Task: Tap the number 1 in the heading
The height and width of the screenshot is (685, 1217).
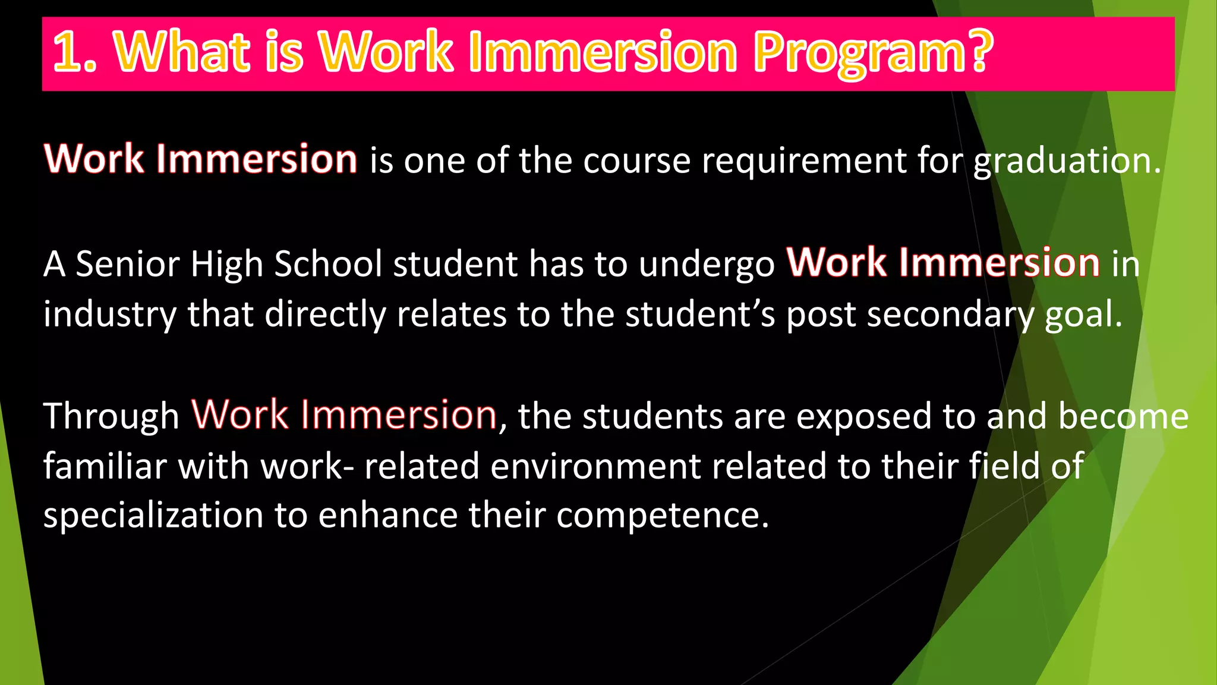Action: [x=67, y=52]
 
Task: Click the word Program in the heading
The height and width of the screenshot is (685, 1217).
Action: [x=862, y=54]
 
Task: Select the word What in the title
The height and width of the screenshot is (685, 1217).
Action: [x=182, y=52]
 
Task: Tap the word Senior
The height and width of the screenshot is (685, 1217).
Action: [x=127, y=264]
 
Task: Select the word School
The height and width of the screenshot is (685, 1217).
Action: [x=328, y=264]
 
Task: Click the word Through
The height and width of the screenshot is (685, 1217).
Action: [x=111, y=416]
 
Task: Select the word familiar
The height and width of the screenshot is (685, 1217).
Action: [x=105, y=466]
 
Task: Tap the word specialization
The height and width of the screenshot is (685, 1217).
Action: [x=153, y=516]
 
